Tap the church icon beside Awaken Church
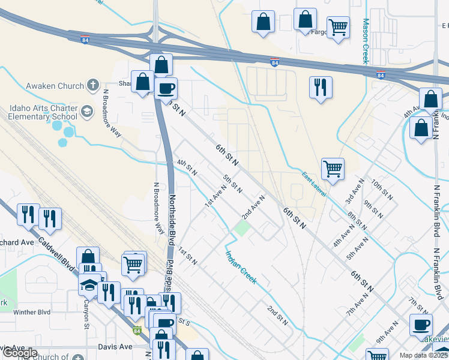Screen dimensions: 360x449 click(92, 85)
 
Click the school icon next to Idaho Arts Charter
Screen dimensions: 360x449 click(87, 111)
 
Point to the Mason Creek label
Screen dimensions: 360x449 click(364, 41)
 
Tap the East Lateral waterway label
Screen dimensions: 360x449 click(314, 182)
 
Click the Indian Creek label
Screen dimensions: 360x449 click(241, 267)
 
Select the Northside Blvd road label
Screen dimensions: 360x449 click(171, 219)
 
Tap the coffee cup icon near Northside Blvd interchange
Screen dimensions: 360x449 click(166, 88)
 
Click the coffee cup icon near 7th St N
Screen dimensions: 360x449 click(421, 325)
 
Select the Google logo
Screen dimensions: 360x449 click(19, 353)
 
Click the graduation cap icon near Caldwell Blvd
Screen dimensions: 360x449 click(89, 284)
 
